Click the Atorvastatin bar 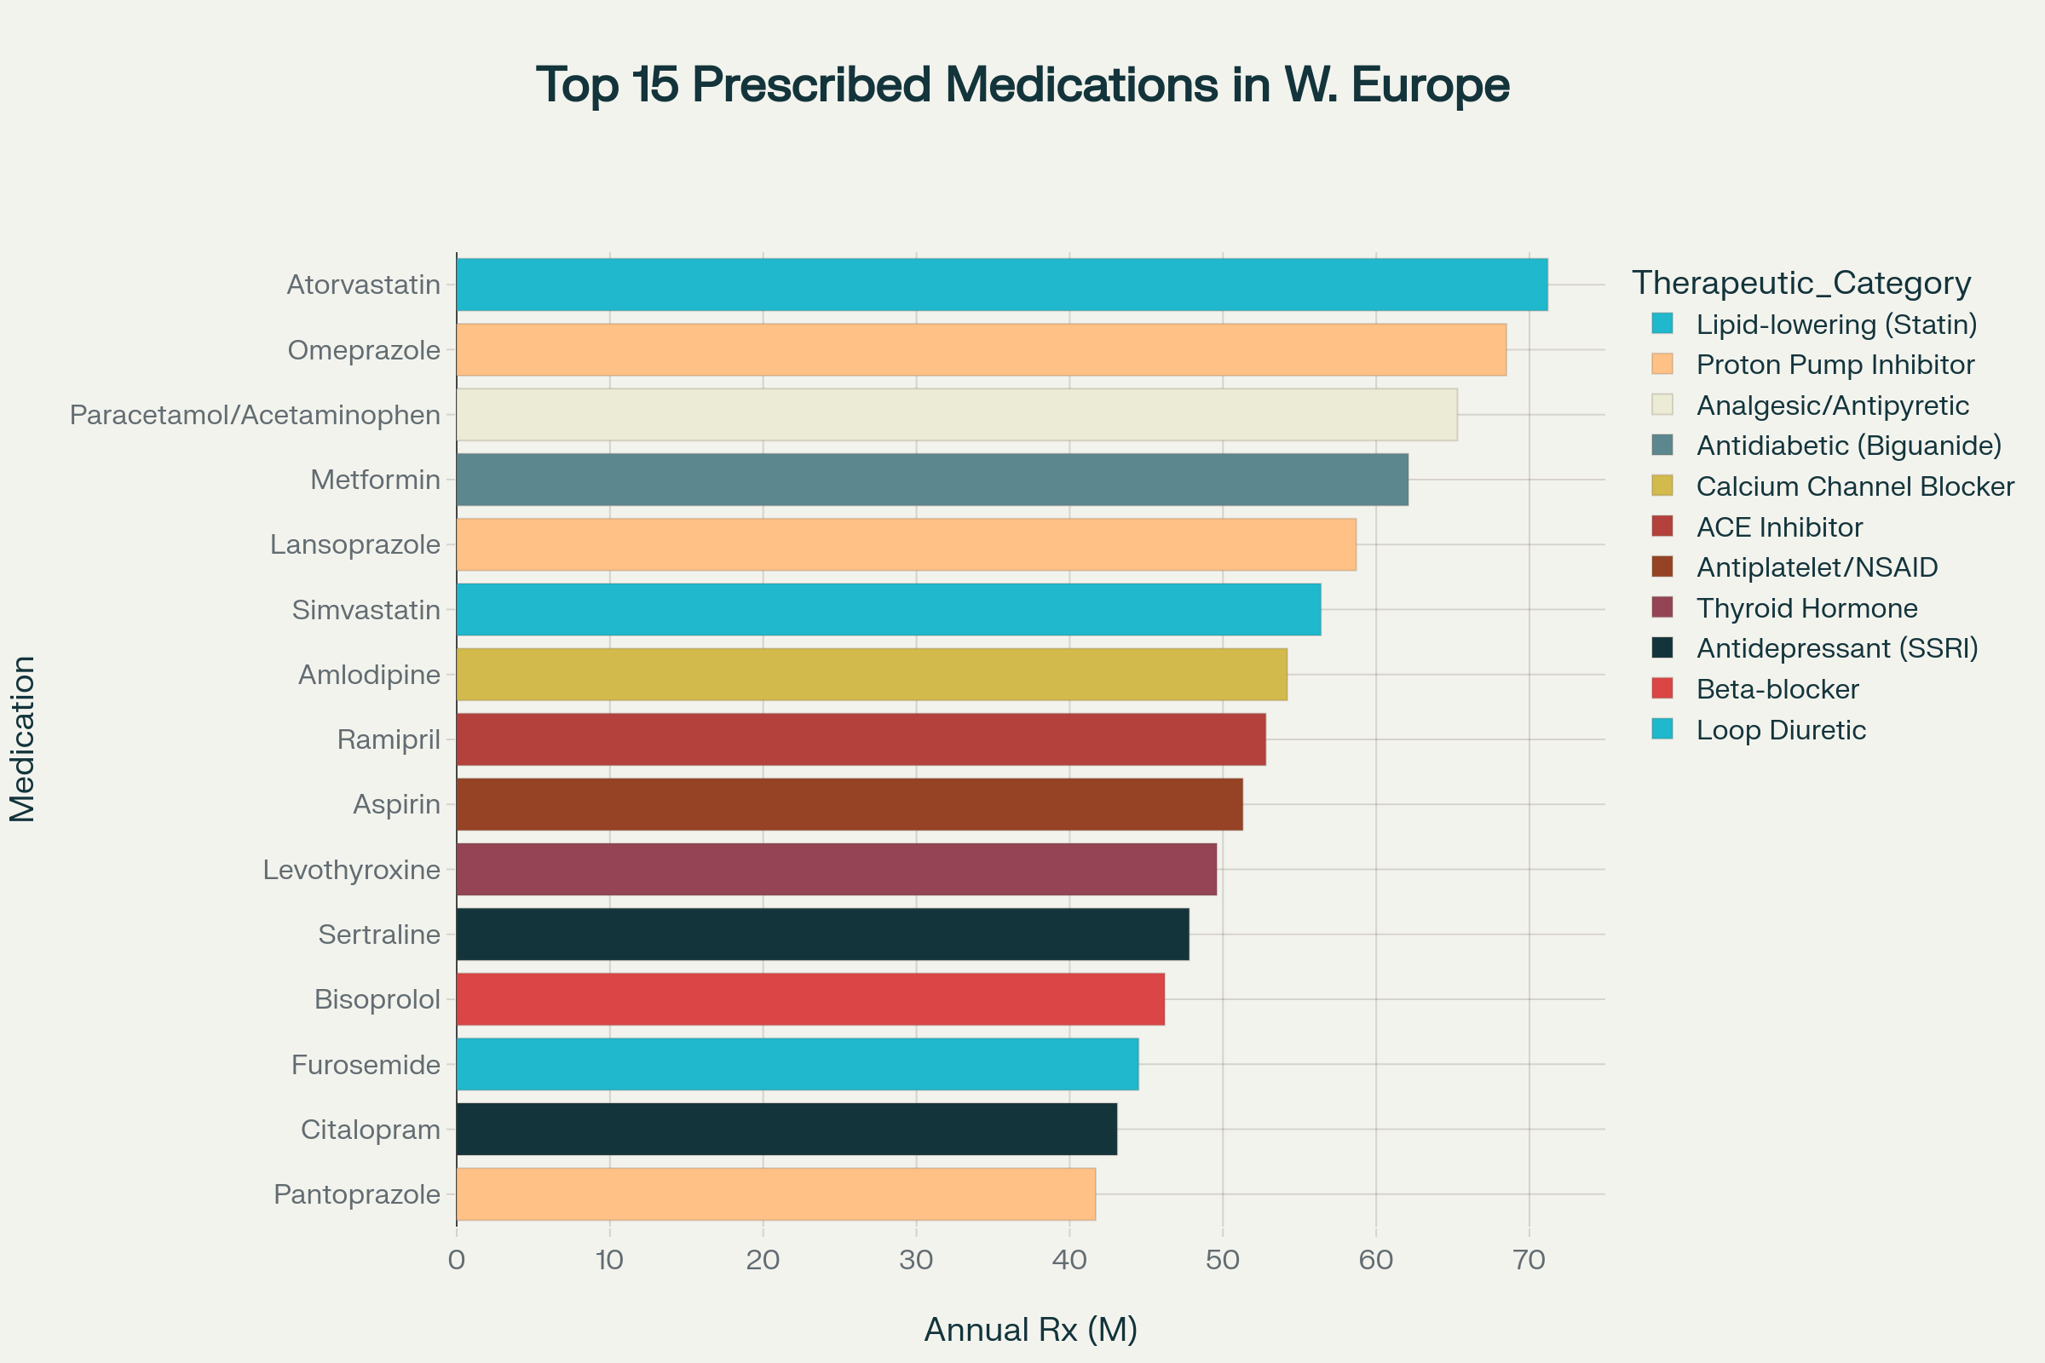click(1002, 285)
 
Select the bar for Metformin click(932, 479)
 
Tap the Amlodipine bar click(871, 675)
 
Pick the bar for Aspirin click(850, 804)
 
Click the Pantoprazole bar click(775, 1194)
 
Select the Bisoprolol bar click(810, 998)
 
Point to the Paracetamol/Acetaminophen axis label click(255, 415)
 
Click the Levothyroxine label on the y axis click(351, 869)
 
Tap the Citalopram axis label click(371, 1130)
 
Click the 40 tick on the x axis click(1069, 1260)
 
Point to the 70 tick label click(1529, 1260)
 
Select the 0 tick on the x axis click(457, 1260)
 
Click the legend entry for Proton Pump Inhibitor click(1835, 365)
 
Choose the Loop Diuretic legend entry click(1781, 730)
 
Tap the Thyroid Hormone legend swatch click(1662, 607)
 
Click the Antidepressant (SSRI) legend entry click(1836, 648)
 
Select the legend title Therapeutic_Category click(1800, 283)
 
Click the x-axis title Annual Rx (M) click(1030, 1329)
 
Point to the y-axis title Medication click(23, 739)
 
